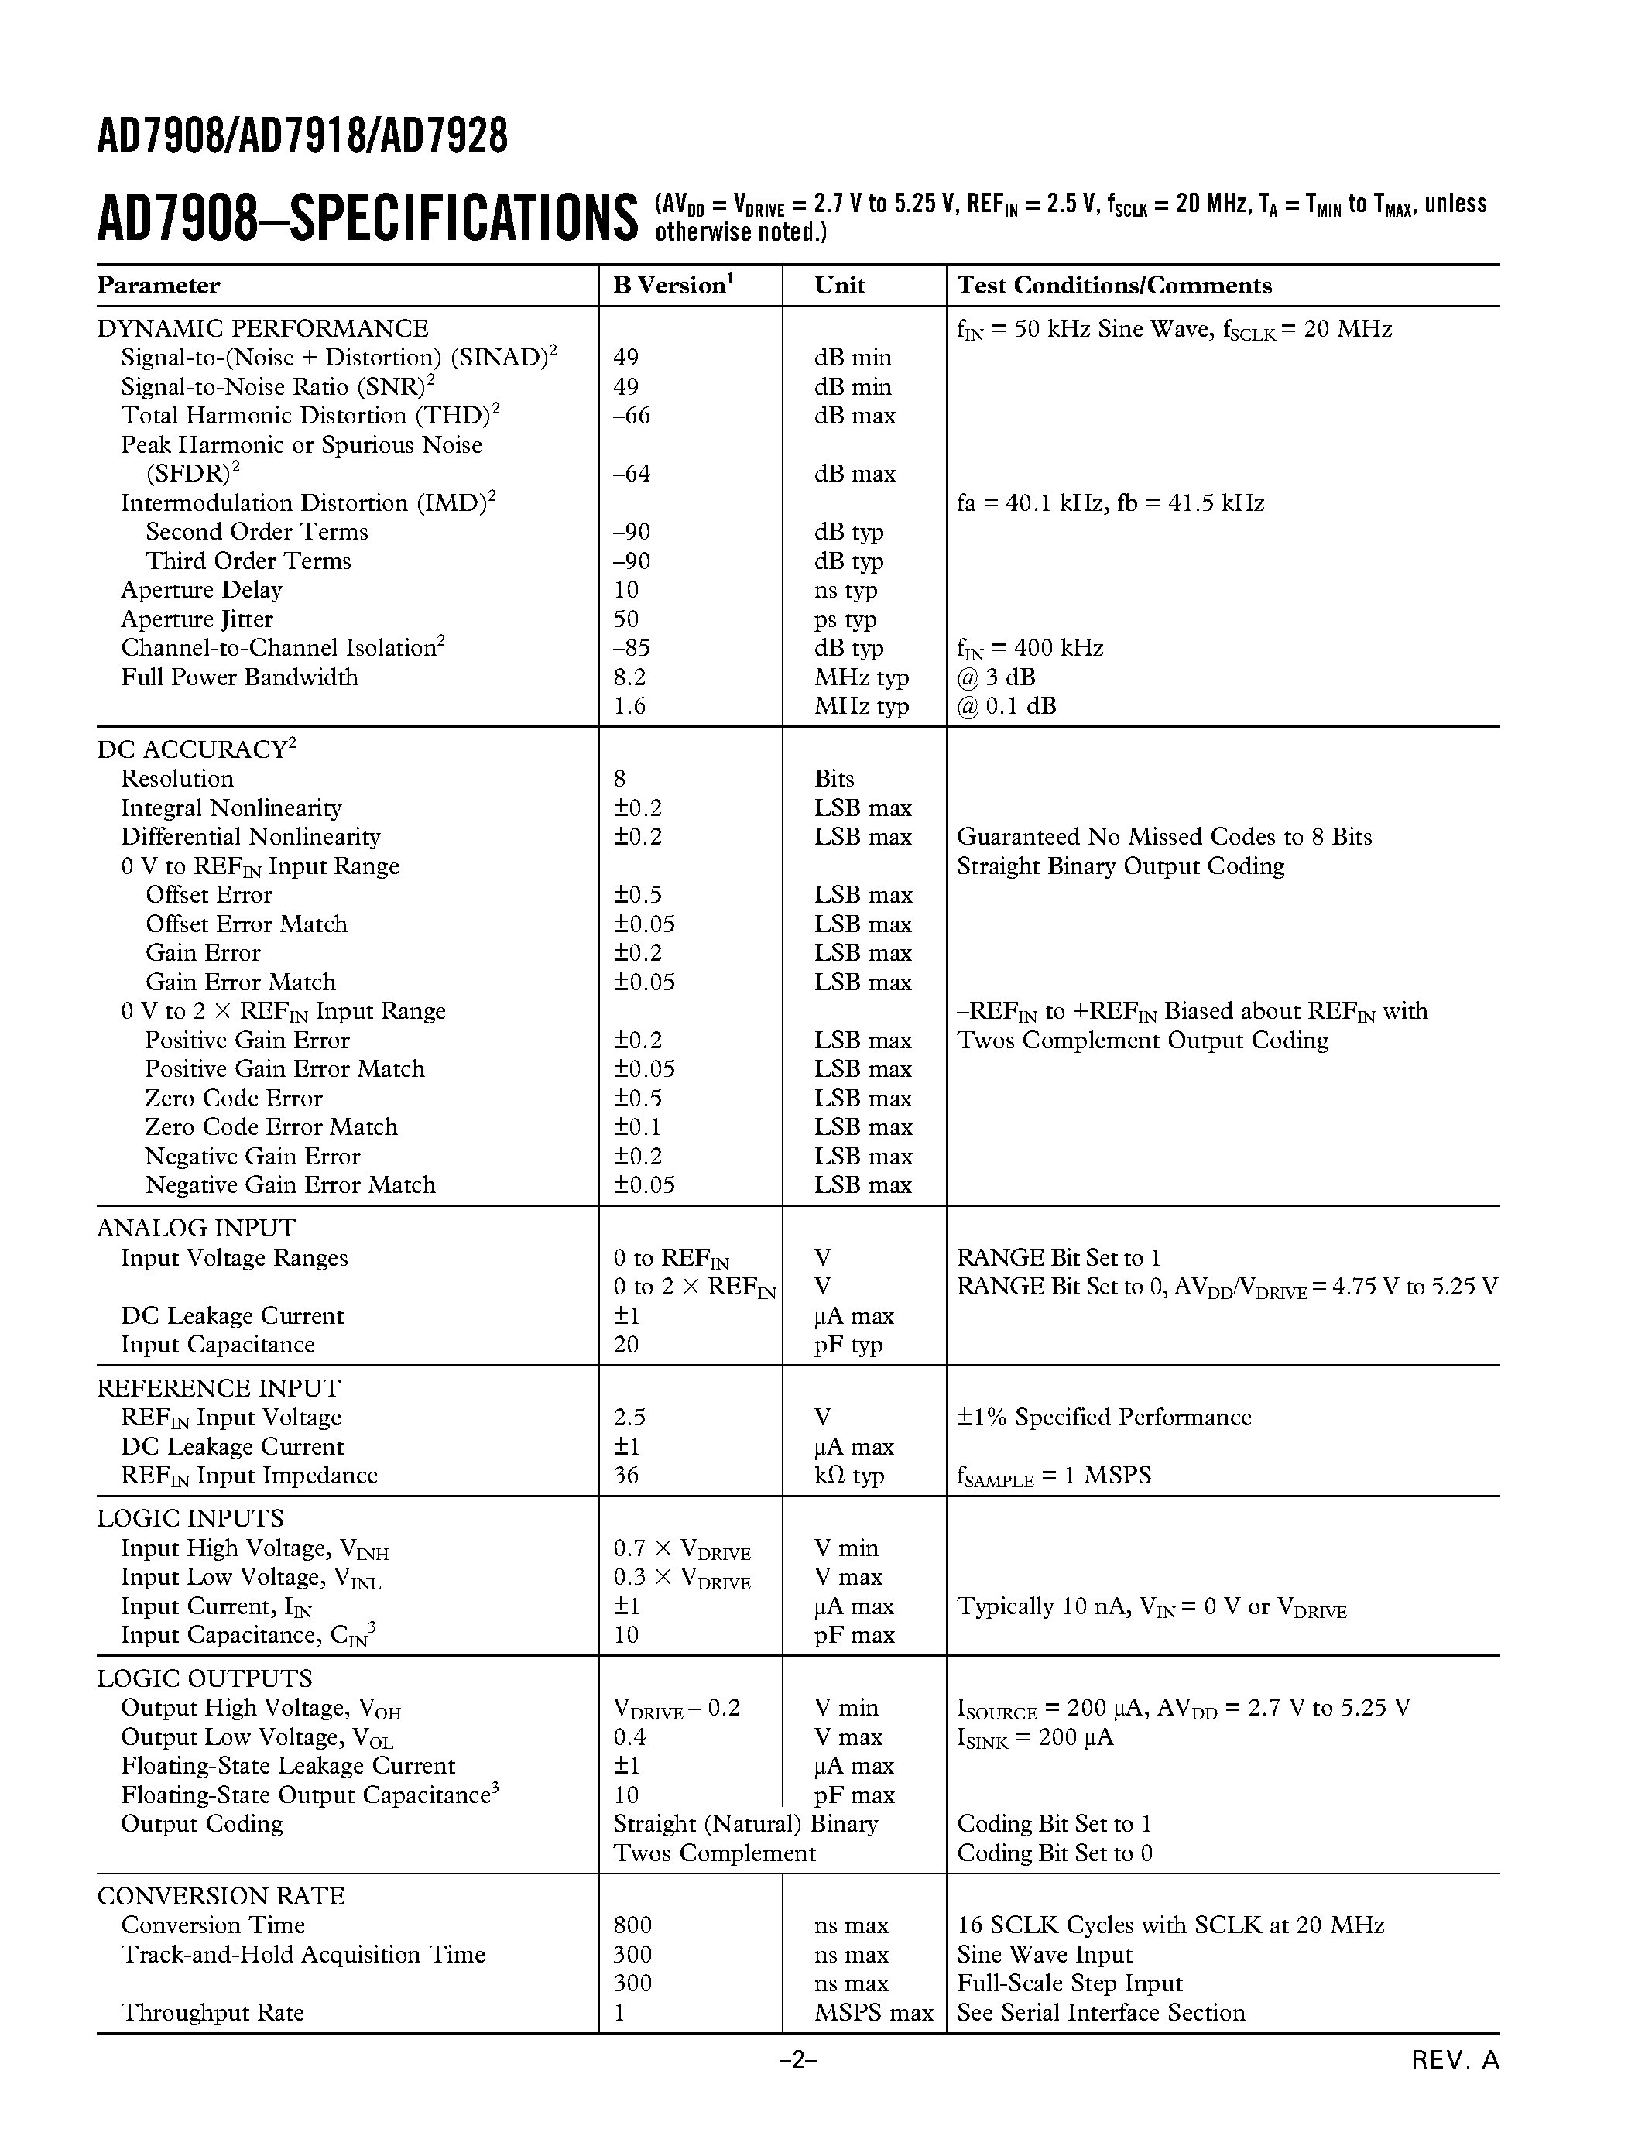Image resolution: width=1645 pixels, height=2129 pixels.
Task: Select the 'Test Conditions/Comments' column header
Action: [1114, 285]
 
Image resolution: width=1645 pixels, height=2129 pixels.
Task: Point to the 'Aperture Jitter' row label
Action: [197, 619]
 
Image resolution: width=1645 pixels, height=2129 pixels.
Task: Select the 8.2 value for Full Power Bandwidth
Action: [629, 677]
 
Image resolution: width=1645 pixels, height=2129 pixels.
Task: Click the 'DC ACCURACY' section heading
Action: [195, 749]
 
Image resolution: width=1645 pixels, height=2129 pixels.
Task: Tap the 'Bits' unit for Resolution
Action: [834, 778]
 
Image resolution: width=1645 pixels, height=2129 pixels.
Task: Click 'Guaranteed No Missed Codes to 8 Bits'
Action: [1163, 836]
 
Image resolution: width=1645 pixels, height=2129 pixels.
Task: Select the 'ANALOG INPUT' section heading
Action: [196, 1229]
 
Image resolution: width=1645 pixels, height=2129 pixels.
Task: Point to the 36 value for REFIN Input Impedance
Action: [625, 1475]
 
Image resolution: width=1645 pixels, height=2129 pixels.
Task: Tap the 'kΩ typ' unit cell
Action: [848, 1475]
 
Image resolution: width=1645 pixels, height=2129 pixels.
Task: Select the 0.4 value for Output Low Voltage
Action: [629, 1736]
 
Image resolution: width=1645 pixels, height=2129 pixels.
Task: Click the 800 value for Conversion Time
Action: [632, 1925]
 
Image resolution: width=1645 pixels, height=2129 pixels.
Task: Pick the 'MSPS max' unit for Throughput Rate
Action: [873, 2012]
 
